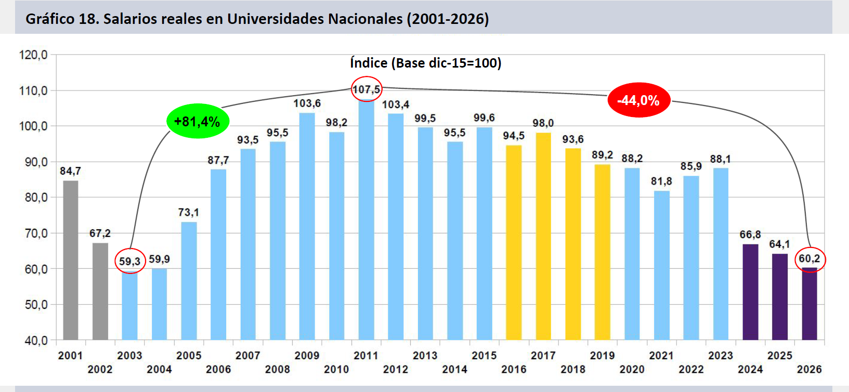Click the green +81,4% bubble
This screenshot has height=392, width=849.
click(x=197, y=121)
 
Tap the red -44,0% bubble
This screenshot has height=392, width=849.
click(x=638, y=100)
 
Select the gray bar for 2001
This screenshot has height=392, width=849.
click(x=70, y=260)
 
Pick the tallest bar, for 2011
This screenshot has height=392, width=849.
click(x=366, y=218)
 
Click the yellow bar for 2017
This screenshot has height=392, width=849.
click(x=543, y=237)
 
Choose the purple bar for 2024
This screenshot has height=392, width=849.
click(x=750, y=292)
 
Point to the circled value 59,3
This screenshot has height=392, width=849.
click(x=129, y=261)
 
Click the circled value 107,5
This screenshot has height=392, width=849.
click(x=366, y=89)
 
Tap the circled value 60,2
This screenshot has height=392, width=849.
click(x=809, y=259)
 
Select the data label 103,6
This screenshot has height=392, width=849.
click(x=307, y=103)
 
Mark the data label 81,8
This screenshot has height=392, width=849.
click(x=661, y=181)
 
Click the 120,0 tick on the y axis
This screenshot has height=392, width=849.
click(x=33, y=55)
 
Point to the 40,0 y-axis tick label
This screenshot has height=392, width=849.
click(x=36, y=341)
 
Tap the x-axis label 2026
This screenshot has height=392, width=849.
click(x=809, y=369)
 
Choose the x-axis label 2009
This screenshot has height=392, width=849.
click(x=307, y=356)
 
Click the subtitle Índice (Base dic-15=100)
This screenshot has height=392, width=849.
click(x=425, y=63)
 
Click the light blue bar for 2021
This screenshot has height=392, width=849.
click(x=661, y=265)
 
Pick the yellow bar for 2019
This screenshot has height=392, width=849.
click(x=602, y=252)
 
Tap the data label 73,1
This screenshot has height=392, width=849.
click(x=188, y=213)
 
